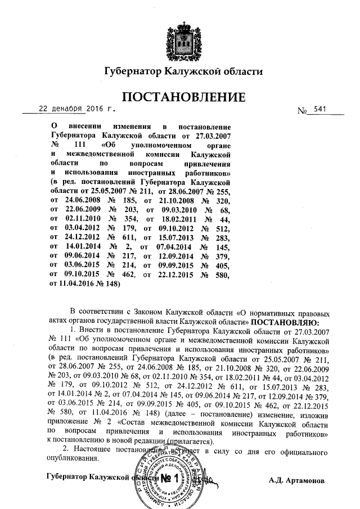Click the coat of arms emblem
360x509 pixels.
[182, 38]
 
